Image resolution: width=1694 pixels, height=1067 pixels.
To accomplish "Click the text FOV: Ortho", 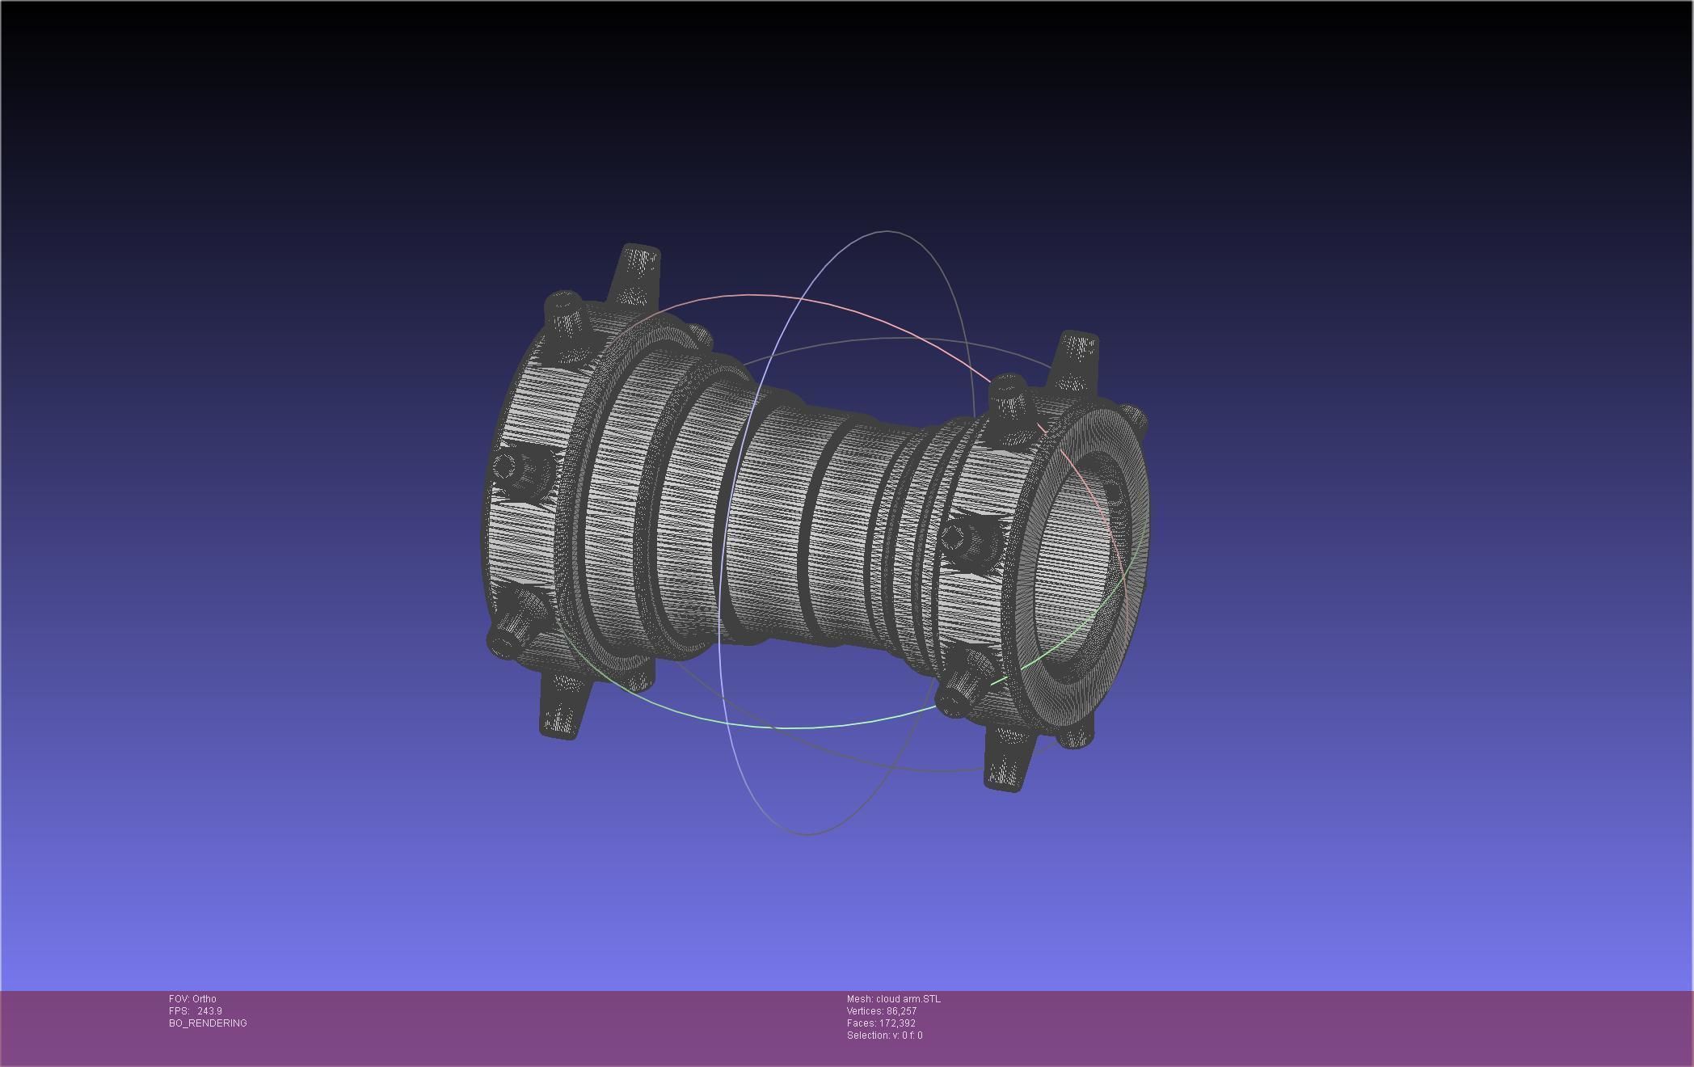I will coord(192,998).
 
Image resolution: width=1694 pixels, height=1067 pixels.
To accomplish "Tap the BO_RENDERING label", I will coord(208,1023).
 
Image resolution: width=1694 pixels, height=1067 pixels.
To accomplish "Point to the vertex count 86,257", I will coord(901,1010).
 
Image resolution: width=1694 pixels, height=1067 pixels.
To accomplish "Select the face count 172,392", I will coord(897,1023).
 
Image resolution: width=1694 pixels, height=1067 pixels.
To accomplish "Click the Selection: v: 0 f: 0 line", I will coord(884,1035).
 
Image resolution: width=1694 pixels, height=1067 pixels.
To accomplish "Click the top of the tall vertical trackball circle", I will coord(887,231).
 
